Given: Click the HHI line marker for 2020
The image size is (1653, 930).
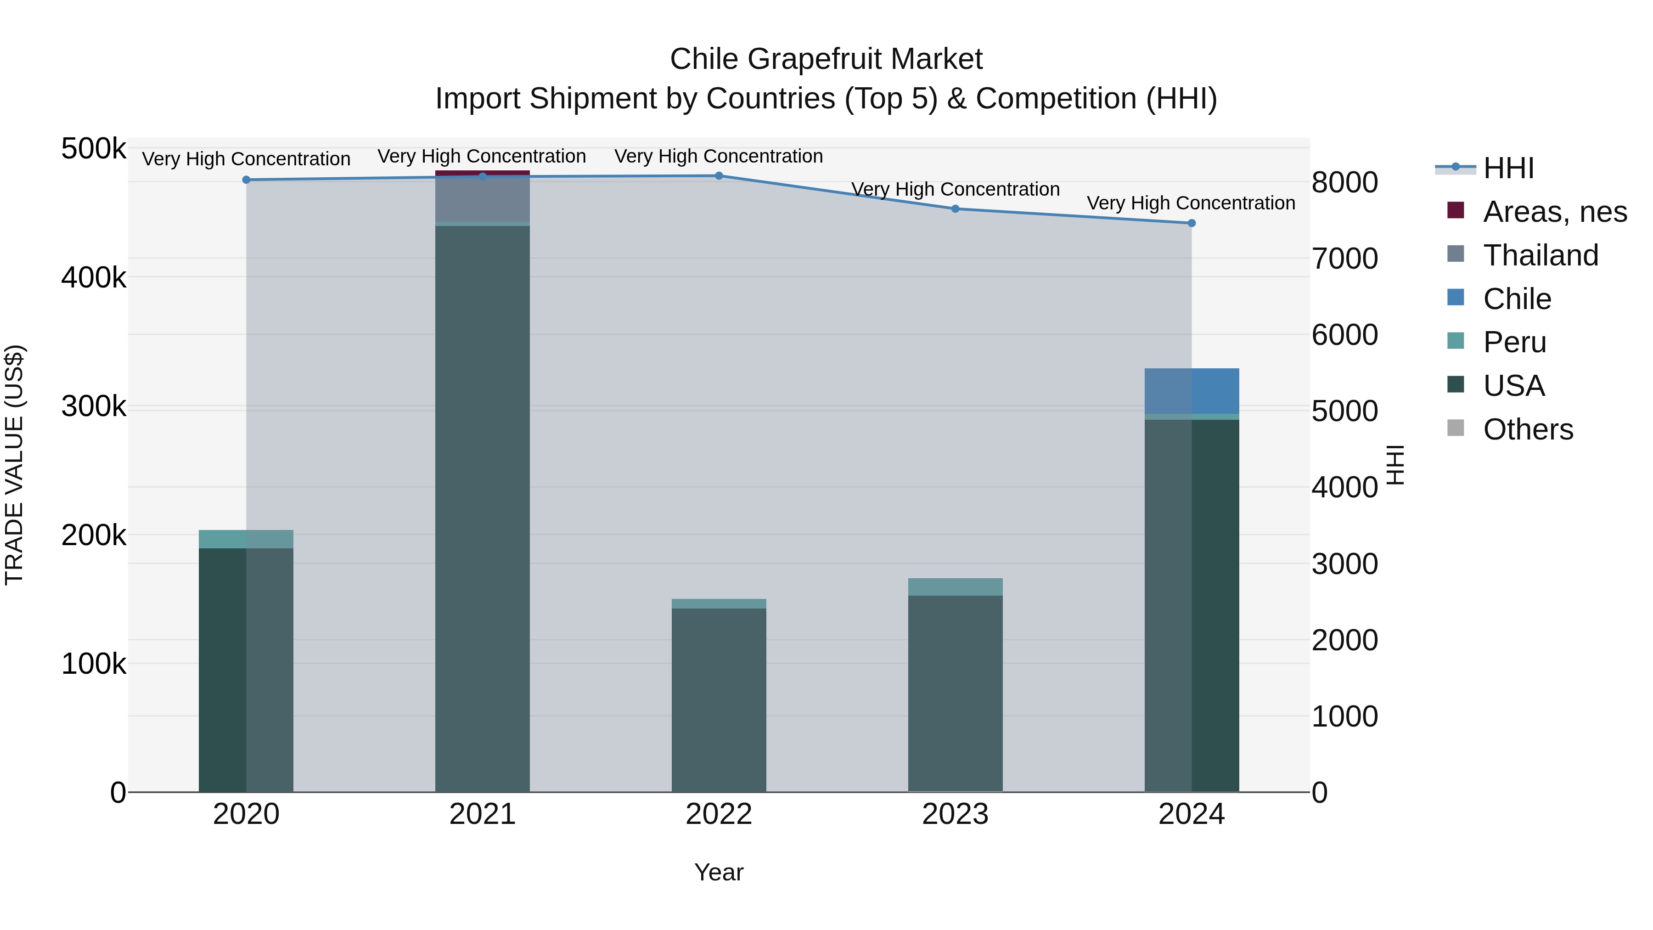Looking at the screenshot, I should [x=247, y=180].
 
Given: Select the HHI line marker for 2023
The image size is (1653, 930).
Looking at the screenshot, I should [x=955, y=209].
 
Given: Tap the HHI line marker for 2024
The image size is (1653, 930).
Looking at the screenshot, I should [x=1192, y=223].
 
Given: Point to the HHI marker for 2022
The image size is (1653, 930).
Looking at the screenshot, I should [x=719, y=176].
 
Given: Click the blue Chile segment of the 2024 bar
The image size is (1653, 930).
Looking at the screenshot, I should [x=1192, y=391].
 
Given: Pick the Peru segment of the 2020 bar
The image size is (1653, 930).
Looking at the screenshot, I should [x=247, y=539].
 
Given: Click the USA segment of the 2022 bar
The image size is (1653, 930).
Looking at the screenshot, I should [x=719, y=699].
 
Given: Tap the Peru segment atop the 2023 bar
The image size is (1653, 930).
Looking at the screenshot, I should [x=955, y=586].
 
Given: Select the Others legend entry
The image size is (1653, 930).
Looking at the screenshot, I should [x=1528, y=429].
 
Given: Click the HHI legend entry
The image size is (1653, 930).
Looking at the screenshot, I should [x=1508, y=168].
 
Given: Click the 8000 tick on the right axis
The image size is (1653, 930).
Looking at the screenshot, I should [x=1344, y=182].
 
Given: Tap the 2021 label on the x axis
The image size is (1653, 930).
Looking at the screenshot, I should [x=483, y=814].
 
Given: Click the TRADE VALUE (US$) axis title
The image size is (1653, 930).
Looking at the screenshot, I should [x=14, y=465].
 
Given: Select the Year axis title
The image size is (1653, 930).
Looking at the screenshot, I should [x=719, y=872].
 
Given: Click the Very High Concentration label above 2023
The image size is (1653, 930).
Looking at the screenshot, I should [x=955, y=189].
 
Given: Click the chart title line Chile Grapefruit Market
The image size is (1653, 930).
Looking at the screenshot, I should [x=826, y=59].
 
